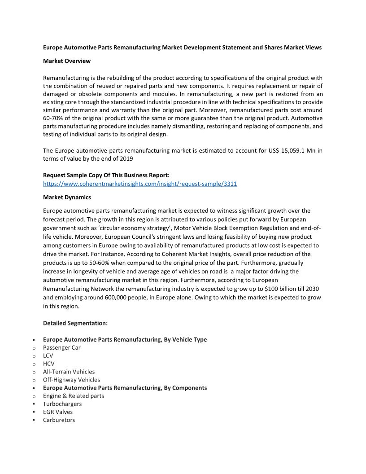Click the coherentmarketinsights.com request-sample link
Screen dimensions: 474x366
coord(140,184)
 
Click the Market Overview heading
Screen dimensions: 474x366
coord(67,61)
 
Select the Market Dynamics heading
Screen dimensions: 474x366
coord(67,197)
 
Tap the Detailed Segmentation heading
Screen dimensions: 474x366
coord(75,323)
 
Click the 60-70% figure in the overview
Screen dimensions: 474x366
coord(54,118)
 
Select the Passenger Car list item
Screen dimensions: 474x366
coord(62,347)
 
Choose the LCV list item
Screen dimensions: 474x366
coord(48,355)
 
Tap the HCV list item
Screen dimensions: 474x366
coord(48,364)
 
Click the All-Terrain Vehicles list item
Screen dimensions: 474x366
coord(69,372)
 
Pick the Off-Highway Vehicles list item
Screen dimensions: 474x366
coord(71,380)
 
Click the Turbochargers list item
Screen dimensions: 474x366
coord(62,404)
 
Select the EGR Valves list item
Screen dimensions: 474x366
coord(58,412)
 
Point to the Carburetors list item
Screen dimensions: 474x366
coord(59,420)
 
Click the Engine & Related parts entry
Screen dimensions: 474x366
coord(74,396)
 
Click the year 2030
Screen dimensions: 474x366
coord(311,289)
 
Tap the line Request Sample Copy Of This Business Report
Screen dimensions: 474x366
coord(106,175)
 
